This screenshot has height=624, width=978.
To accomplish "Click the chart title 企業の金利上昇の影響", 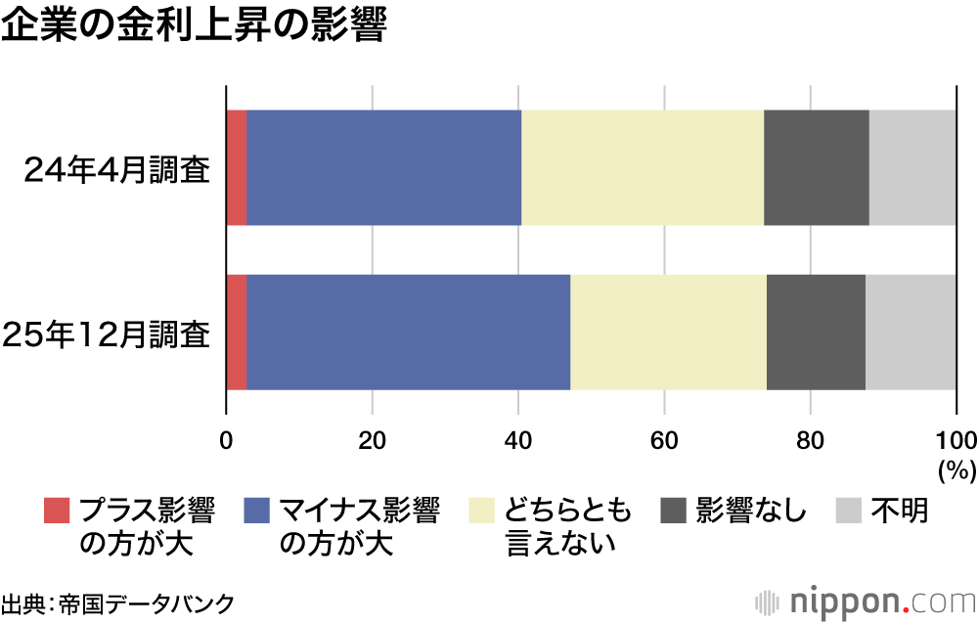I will point(195,26).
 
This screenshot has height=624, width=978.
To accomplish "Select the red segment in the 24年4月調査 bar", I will point(236,167).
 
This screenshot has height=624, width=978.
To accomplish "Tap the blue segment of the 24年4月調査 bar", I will point(383,167).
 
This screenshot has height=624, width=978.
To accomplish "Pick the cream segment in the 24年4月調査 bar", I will point(643,167).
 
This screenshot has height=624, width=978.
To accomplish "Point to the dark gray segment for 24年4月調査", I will point(817,167).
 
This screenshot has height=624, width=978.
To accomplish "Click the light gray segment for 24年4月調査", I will point(912,167).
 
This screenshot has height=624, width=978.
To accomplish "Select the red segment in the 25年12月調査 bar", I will point(236,333).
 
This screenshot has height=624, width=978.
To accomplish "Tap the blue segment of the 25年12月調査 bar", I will point(408,333).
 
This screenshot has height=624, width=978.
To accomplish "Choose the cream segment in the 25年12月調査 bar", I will point(668,333).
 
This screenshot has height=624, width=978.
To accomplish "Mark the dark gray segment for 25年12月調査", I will point(816,333).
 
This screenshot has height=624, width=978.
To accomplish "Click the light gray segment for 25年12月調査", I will point(911,333).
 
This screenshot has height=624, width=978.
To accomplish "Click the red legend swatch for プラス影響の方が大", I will point(58,511).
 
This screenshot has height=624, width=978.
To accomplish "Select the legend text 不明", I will point(900,511).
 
